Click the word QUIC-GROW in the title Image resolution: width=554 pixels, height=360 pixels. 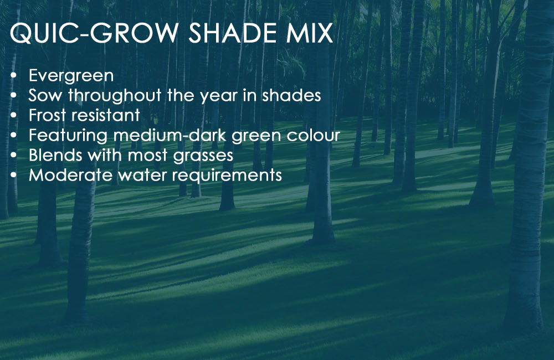click(94, 34)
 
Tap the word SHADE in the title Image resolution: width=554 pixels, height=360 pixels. click(232, 33)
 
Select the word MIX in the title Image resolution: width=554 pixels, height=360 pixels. click(310, 33)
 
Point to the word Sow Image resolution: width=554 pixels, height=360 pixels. click(45, 95)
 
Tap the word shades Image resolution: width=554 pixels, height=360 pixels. click(291, 95)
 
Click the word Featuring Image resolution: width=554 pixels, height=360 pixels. click(68, 136)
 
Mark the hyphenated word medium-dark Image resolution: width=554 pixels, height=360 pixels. click(170, 135)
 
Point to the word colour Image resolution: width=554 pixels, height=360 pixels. click(313, 135)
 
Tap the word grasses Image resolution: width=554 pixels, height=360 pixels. click(203, 156)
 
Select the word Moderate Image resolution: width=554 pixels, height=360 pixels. click(70, 175)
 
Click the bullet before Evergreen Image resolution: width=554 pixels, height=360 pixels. click(14, 76)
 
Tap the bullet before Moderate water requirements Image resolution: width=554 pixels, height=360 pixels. click(14, 175)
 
